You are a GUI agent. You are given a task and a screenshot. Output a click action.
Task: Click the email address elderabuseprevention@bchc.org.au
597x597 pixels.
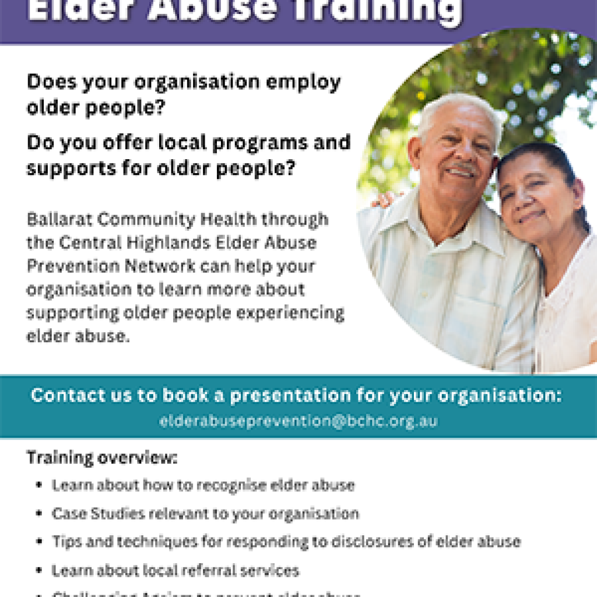click(x=298, y=421)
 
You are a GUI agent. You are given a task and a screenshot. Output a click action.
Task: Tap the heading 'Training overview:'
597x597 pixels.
click(x=101, y=458)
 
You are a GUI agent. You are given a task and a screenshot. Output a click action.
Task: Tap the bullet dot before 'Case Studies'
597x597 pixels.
click(x=39, y=514)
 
